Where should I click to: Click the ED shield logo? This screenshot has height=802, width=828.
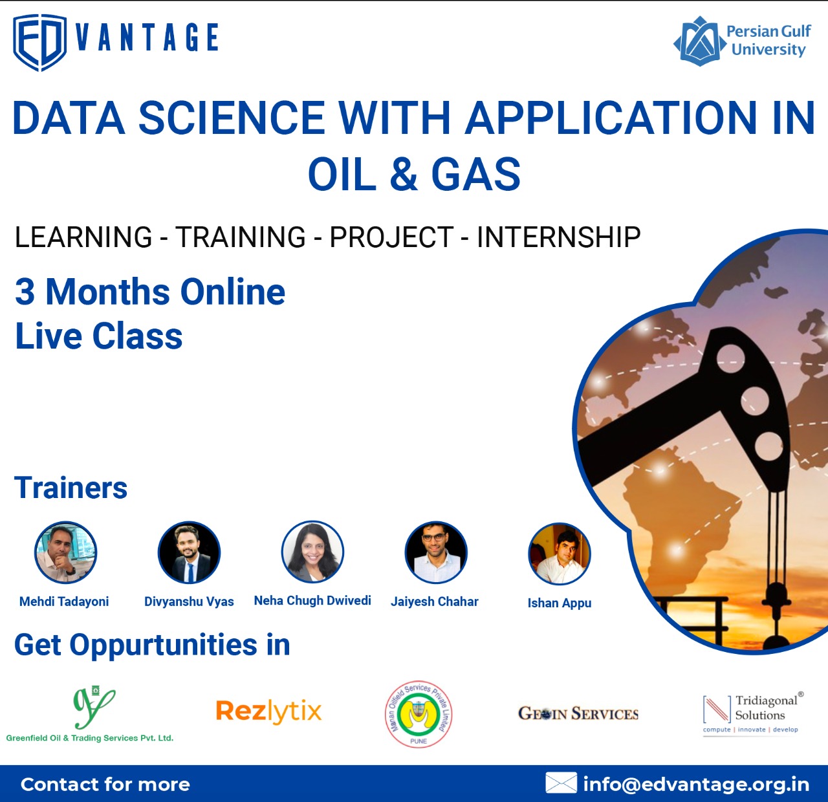click(x=39, y=43)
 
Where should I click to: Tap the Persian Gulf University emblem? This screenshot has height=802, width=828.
click(x=699, y=41)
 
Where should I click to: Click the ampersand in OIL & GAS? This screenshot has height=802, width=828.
click(x=404, y=173)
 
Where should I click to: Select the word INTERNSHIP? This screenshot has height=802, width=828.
click(x=558, y=237)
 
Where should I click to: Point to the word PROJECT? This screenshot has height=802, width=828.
click(x=391, y=237)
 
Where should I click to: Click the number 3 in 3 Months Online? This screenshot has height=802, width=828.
click(x=25, y=292)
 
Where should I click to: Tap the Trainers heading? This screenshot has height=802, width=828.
click(x=71, y=488)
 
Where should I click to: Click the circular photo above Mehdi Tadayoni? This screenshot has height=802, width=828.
click(x=65, y=552)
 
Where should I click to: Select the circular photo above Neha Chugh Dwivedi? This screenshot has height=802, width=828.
click(x=312, y=552)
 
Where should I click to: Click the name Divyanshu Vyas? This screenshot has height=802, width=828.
click(x=189, y=601)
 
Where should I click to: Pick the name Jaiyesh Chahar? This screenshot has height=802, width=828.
click(x=435, y=601)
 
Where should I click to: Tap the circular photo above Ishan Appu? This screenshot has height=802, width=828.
click(x=560, y=554)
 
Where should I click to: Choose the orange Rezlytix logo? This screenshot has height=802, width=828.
click(x=268, y=711)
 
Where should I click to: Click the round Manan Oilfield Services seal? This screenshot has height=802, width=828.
click(x=419, y=714)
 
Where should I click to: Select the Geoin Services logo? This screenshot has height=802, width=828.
click(x=578, y=713)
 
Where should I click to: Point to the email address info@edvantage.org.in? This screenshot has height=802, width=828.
click(x=696, y=784)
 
